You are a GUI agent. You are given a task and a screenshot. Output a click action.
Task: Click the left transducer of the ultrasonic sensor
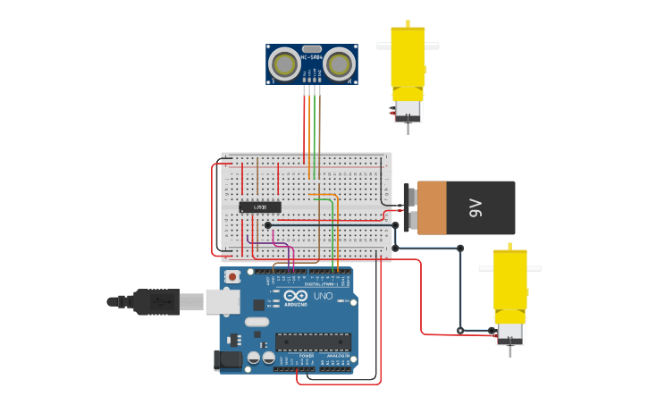tap(285, 63)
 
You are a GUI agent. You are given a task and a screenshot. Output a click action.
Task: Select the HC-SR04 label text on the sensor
tap(312, 58)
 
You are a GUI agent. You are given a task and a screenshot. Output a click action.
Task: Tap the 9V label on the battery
tap(475, 208)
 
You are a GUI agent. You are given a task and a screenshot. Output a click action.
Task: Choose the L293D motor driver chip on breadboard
tap(260, 207)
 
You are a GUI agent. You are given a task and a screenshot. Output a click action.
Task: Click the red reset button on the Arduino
tap(232, 277)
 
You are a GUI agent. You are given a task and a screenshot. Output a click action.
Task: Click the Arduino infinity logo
tap(297, 296)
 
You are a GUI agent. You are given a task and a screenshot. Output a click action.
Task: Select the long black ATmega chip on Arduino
tap(313, 342)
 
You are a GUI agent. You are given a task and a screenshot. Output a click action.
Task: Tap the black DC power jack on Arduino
tap(227, 360)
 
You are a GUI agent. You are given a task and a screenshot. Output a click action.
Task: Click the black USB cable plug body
tap(156, 301)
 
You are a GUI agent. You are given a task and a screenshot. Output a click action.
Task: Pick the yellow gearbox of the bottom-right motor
tap(510, 280)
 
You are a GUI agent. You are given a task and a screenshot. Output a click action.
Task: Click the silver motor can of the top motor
tap(408, 110)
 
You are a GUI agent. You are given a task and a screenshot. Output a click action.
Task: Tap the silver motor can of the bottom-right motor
tap(510, 332)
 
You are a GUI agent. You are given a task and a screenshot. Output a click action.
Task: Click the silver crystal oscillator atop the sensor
tap(312, 49)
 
